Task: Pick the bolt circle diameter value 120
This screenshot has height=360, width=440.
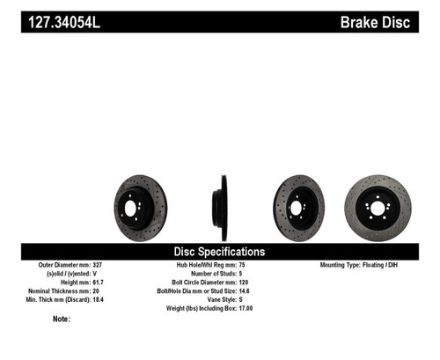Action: [257, 282]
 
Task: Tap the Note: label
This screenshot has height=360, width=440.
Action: [61, 319]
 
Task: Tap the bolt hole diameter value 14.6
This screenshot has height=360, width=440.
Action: [258, 290]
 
